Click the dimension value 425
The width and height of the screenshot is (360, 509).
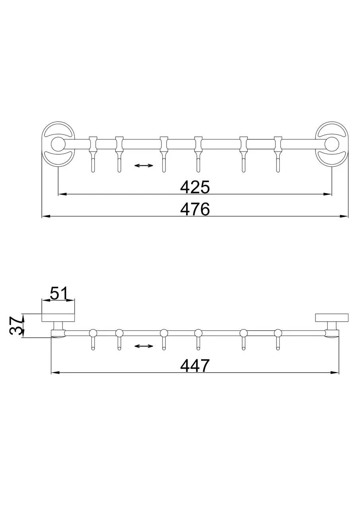tap(195, 187)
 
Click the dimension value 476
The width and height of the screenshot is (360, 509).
tap(195, 209)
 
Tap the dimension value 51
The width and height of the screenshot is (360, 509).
tap(58, 293)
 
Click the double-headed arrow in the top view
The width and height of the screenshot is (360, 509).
tap(144, 165)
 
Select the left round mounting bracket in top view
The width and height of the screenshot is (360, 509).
tap(58, 144)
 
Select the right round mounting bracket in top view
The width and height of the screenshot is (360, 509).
tap(332, 144)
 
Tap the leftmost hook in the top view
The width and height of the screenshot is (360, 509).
tap(93, 155)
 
